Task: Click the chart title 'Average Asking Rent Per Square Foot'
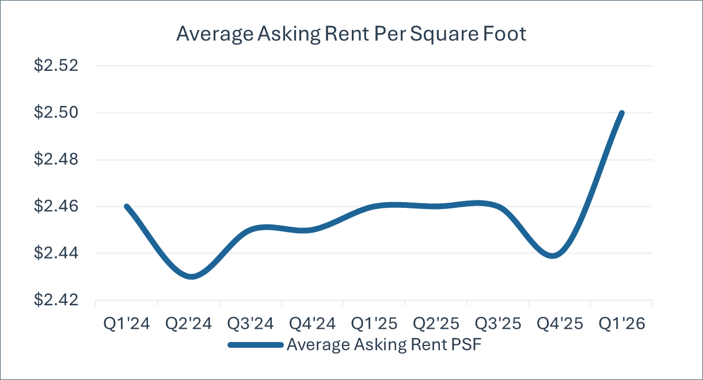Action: tap(351, 34)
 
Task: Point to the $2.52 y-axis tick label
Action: tap(56, 66)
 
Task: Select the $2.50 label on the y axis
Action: tap(56, 112)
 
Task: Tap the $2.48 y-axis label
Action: tap(56, 159)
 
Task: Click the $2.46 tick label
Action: tap(56, 206)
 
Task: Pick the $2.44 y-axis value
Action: tap(56, 253)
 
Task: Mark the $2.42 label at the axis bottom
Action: tap(56, 299)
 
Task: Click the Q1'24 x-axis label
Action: tap(127, 324)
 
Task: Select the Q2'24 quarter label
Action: tap(188, 324)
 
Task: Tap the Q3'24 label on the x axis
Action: tap(250, 324)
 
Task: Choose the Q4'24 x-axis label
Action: tap(312, 324)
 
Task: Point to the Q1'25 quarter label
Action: tap(374, 324)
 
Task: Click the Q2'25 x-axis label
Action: tap(436, 324)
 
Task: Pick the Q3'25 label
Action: tap(498, 324)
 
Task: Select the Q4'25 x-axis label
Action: tap(560, 324)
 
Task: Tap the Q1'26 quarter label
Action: tap(622, 324)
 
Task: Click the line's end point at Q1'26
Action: tap(622, 113)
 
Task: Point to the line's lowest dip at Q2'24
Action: tap(192, 277)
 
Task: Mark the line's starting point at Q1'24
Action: tap(127, 207)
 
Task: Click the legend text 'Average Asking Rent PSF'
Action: tap(384, 345)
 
